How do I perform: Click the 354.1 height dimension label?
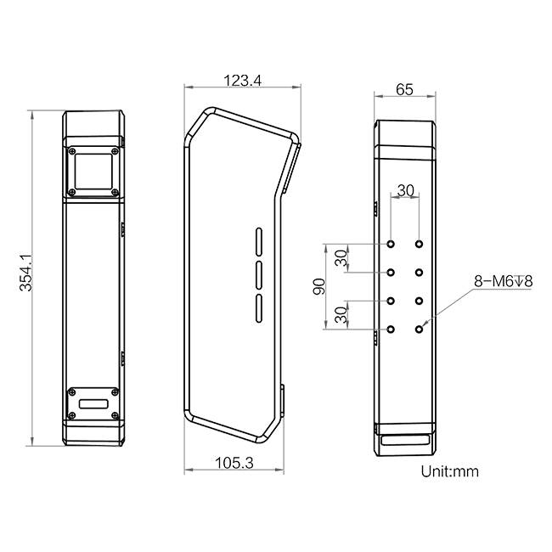[x=25, y=273]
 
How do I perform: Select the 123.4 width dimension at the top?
[x=243, y=81]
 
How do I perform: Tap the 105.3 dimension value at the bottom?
[x=234, y=463]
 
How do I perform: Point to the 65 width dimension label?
[x=404, y=90]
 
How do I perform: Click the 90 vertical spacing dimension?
[x=319, y=286]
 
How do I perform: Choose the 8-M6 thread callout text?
[x=504, y=281]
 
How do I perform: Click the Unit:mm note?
[x=450, y=471]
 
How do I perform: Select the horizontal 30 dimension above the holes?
[x=406, y=190]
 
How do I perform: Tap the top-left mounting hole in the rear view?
[x=391, y=244]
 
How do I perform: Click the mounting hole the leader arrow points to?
[x=419, y=330]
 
